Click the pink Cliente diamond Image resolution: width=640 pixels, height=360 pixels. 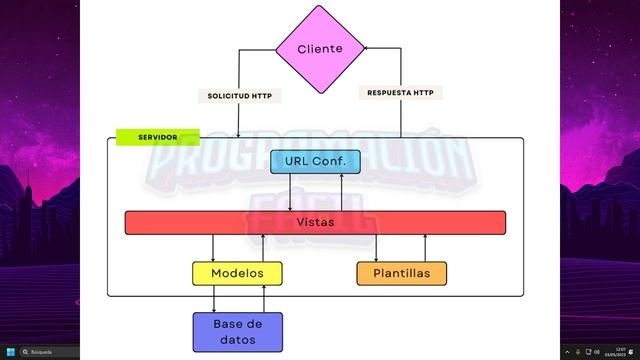pos(320,48)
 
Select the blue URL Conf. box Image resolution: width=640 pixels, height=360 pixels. pos(315,162)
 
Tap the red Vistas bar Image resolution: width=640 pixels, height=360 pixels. pos(315,222)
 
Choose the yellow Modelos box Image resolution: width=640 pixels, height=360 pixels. pos(237,273)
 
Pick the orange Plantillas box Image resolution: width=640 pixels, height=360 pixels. pos(401,273)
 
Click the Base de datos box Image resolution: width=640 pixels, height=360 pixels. pos(237,331)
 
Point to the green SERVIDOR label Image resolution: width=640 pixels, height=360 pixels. pos(158,136)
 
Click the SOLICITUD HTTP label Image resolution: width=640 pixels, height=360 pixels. pos(240,96)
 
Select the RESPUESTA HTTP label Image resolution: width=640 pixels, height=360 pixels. pos(400,92)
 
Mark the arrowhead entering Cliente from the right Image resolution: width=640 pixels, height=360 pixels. pos(368,48)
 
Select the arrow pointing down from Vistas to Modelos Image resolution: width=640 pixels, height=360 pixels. pos(213,248)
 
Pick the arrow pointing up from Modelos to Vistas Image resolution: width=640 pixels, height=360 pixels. pos(263,248)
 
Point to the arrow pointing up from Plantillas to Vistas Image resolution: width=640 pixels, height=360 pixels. pos(426,248)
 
